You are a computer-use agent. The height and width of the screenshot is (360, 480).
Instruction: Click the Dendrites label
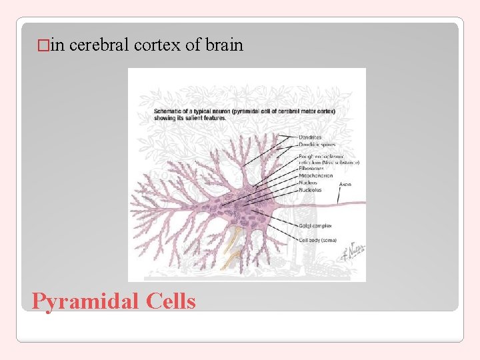point(311,137)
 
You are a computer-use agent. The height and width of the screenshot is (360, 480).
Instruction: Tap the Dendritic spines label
point(317,144)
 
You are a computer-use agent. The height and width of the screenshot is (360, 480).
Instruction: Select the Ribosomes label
point(312,169)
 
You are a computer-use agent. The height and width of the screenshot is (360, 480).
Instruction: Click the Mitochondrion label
point(315,177)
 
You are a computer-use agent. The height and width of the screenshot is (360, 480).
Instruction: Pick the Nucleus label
point(309,183)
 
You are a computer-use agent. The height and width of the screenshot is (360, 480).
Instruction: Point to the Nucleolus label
point(310,190)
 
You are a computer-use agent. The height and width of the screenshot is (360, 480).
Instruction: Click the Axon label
point(345,183)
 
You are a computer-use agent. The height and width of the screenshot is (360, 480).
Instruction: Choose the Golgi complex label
point(315,226)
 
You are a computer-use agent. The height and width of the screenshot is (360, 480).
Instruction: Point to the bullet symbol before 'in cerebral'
point(43,46)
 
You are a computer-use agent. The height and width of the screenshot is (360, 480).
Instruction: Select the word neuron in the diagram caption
point(236,111)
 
